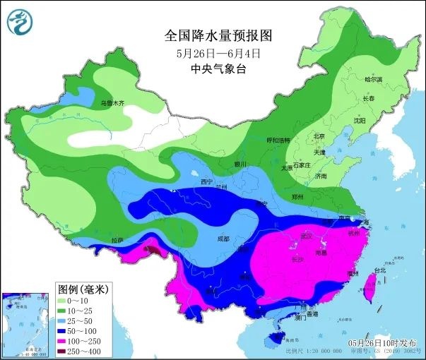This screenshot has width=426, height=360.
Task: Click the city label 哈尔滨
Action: (372, 80)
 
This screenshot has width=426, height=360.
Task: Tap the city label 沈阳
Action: (360, 121)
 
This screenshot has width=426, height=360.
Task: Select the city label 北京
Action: (319, 136)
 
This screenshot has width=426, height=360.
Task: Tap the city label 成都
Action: (223, 239)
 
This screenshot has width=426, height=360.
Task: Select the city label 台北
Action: (381, 270)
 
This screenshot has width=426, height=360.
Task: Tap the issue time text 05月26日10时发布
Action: (384, 342)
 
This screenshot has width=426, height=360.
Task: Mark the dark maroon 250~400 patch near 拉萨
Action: (153, 248)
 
